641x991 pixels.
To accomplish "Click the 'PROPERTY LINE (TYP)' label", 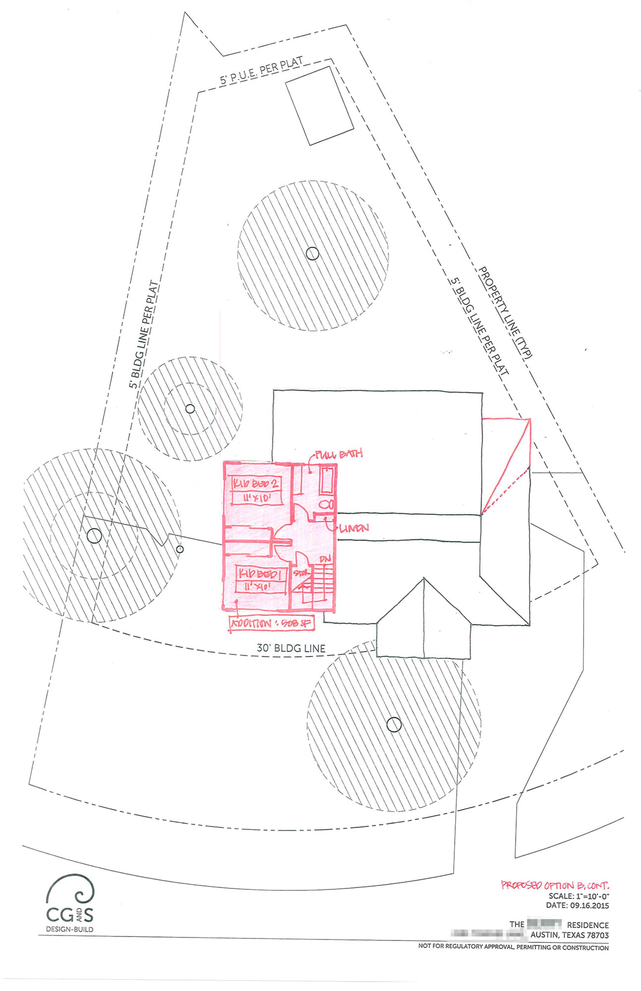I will (x=505, y=312).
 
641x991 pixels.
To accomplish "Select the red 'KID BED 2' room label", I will (x=255, y=484).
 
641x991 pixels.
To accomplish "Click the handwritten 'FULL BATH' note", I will (x=338, y=454).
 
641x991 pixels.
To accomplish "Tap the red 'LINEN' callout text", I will (x=354, y=528).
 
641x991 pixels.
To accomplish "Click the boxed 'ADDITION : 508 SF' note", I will (x=271, y=624).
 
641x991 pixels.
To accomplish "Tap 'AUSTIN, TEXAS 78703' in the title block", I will (x=569, y=935).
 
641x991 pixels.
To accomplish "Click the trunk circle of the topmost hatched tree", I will (x=312, y=253).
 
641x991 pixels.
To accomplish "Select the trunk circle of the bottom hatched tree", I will (x=394, y=724).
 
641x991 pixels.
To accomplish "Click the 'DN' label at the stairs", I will (x=325, y=559).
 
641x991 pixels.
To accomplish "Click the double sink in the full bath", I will (x=327, y=504).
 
